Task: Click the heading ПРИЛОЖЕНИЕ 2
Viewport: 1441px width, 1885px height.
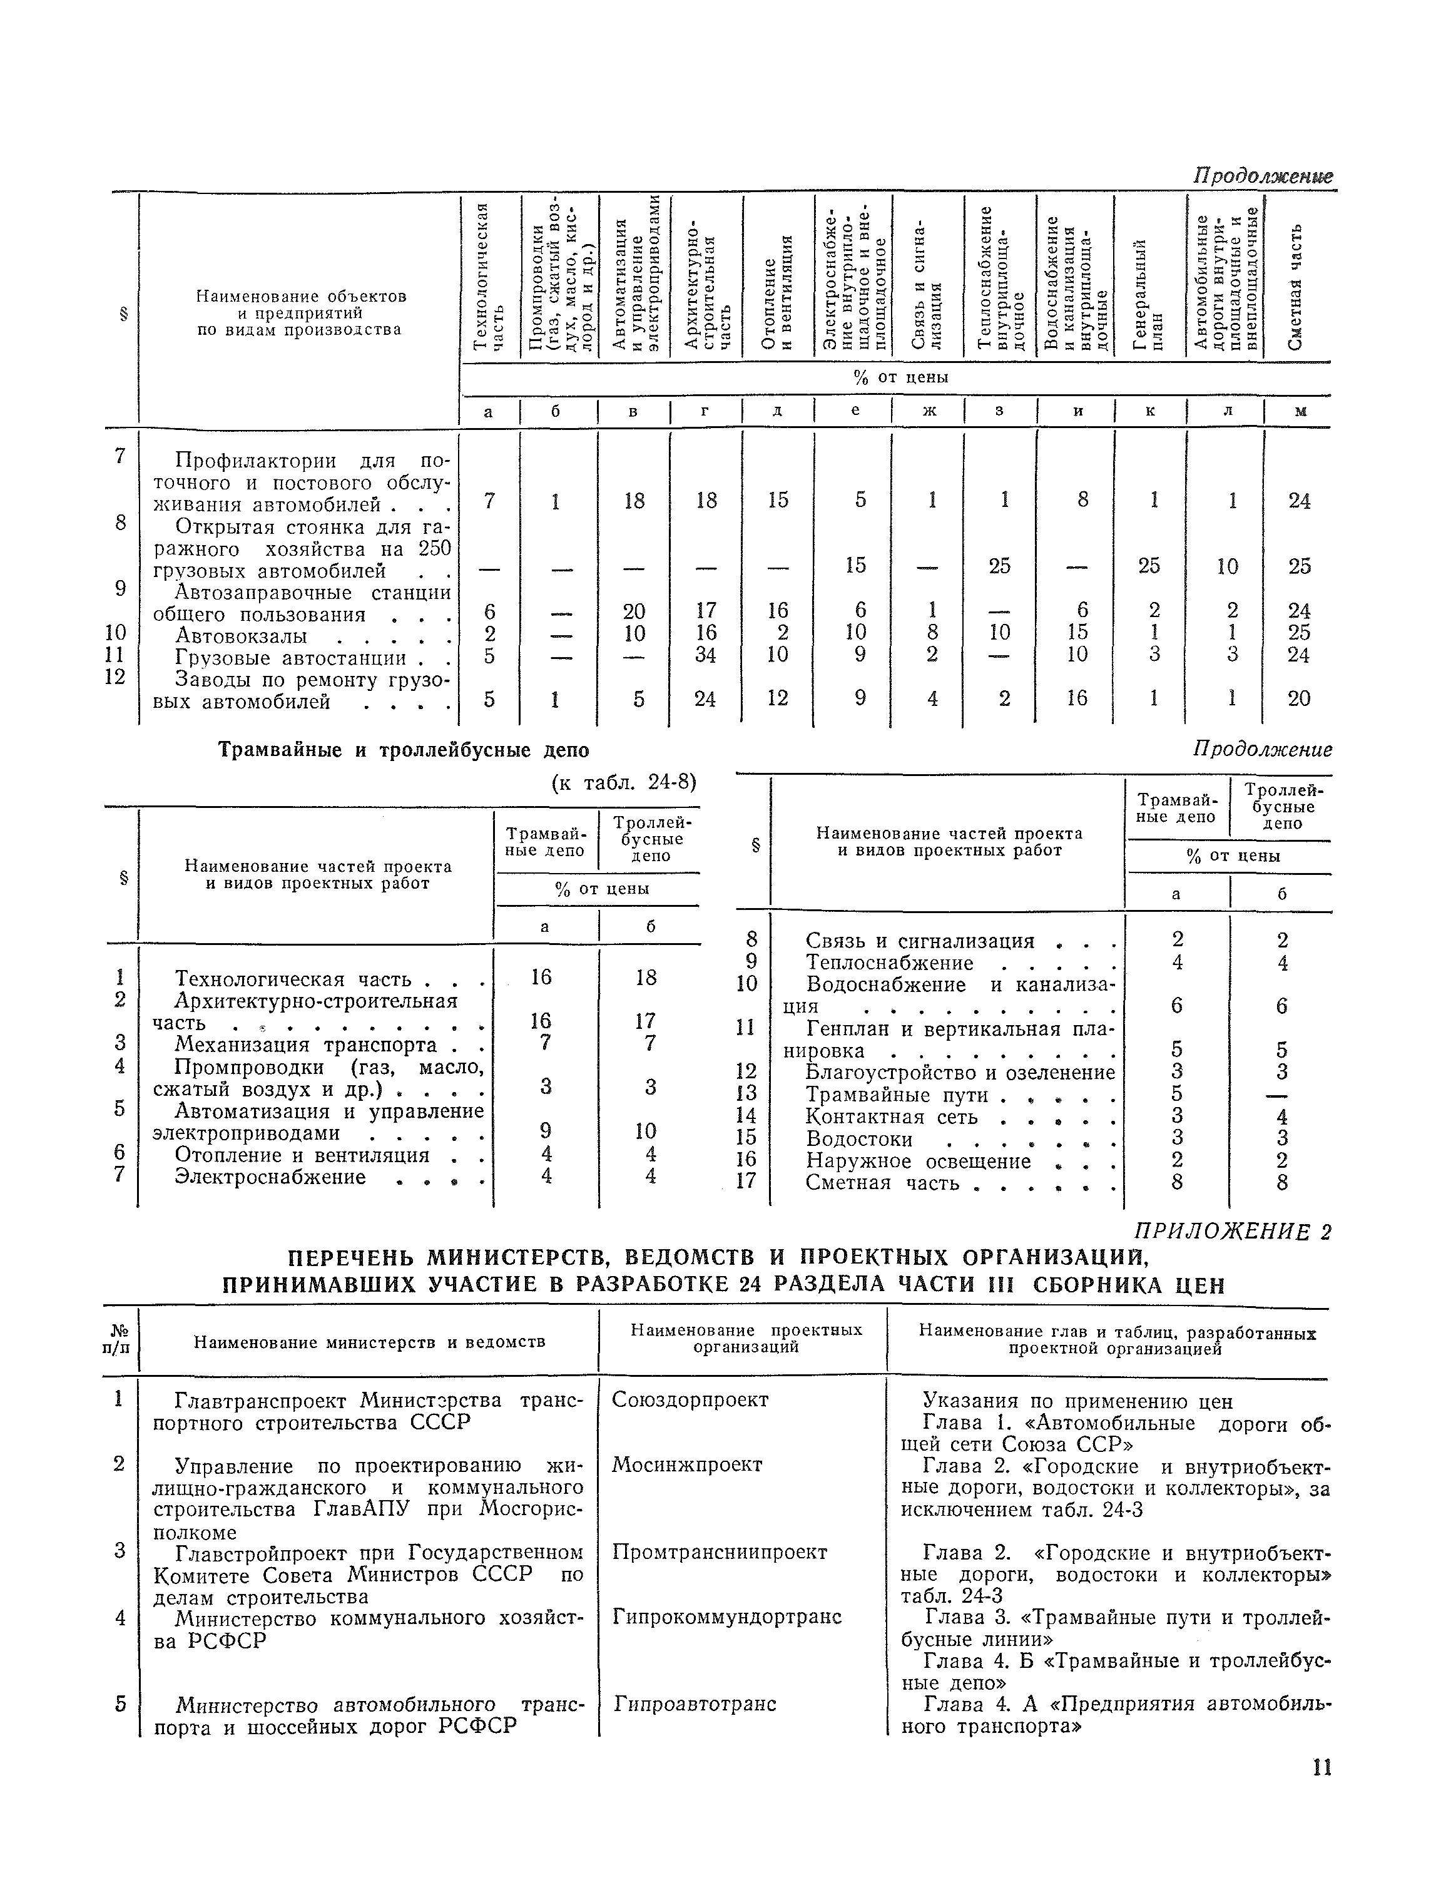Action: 1233,1232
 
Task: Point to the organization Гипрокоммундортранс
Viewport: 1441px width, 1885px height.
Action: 726,1617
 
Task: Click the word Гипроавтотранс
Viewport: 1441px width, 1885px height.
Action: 694,1703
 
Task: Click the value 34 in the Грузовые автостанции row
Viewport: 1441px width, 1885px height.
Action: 705,655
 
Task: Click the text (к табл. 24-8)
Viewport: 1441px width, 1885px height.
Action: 624,782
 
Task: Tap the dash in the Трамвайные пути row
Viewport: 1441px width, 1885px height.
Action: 1281,1095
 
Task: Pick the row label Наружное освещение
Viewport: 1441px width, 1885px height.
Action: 918,1161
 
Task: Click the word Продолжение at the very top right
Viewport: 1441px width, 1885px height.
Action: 1263,176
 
